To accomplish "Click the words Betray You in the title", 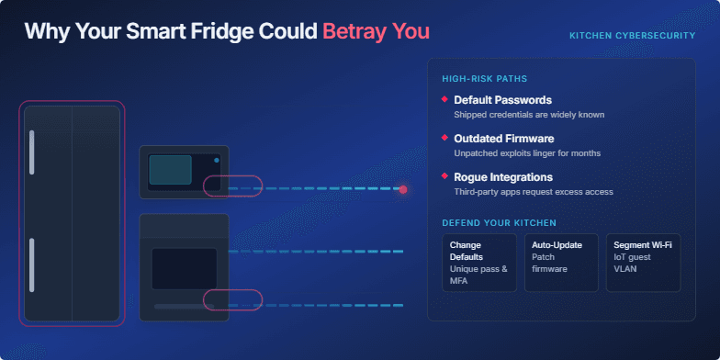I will click(376, 30).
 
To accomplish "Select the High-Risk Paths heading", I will click(484, 78).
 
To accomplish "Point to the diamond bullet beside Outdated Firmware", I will click(444, 138).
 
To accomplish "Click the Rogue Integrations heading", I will click(503, 176).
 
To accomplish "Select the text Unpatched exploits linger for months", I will click(527, 153).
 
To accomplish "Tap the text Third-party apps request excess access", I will click(533, 192).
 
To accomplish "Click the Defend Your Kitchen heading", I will click(499, 223).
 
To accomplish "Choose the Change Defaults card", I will click(478, 263).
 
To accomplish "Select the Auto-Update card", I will click(560, 263).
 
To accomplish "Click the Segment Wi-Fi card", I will click(643, 263).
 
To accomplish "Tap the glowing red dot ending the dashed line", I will click(403, 189).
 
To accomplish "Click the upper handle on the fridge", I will click(32, 152).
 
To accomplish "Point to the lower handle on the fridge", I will click(32, 264).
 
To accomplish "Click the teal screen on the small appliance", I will click(170, 169).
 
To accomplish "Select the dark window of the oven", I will click(184, 268).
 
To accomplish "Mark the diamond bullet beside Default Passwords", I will click(444, 99).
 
